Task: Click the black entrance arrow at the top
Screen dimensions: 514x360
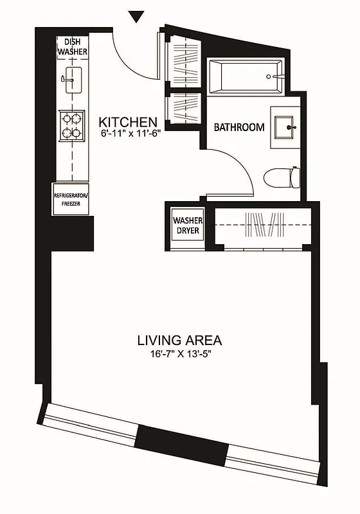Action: click(x=136, y=16)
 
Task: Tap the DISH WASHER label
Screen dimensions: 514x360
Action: click(x=73, y=46)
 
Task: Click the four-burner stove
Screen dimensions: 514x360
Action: click(x=72, y=125)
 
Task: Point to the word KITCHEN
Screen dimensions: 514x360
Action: click(x=128, y=121)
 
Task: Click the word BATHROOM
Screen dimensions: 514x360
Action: click(x=239, y=127)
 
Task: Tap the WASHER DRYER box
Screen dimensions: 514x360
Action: click(x=187, y=226)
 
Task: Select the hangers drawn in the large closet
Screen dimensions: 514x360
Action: click(x=264, y=226)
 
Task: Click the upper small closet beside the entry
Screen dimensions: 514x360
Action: click(x=183, y=60)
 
